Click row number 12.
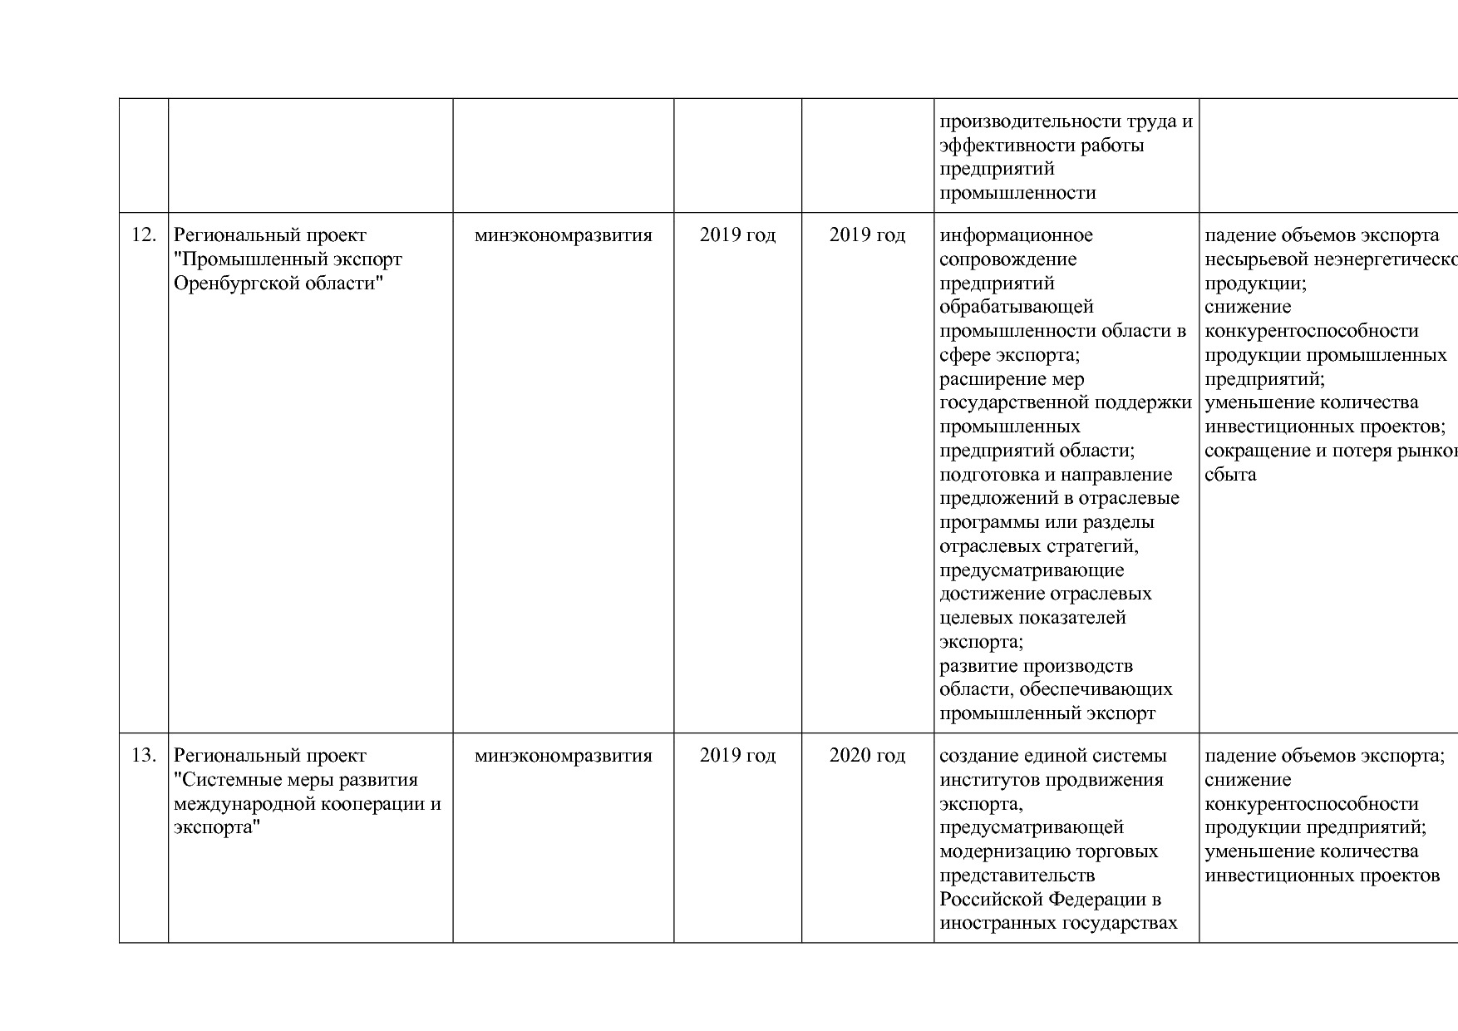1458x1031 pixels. [144, 235]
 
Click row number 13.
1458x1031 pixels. [144, 756]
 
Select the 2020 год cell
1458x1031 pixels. [867, 756]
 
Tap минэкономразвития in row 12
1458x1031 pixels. [563, 235]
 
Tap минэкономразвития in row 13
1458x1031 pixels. [563, 756]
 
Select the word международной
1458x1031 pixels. [235, 804]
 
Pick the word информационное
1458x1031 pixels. [1016, 235]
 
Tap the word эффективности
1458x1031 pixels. [1007, 146]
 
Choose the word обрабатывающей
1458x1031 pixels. [1016, 308]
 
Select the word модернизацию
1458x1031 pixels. [1002, 851]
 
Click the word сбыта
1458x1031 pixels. [1230, 475]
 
